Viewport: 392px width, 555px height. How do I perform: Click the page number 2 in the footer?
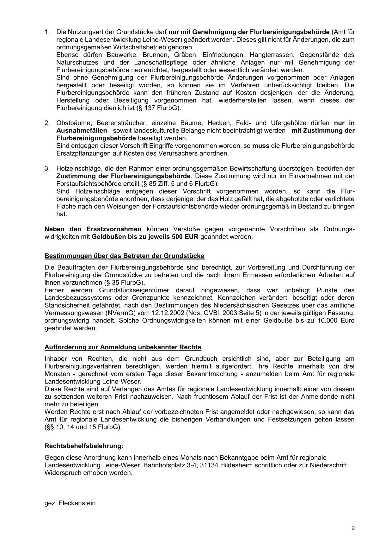click(x=353, y=528)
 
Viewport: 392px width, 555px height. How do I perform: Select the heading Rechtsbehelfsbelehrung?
click(x=84, y=446)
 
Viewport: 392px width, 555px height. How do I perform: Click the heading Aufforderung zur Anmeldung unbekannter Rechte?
click(x=123, y=347)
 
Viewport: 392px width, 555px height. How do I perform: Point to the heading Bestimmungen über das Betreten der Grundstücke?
click(x=124, y=256)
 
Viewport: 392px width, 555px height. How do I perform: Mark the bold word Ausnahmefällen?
click(x=82, y=131)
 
